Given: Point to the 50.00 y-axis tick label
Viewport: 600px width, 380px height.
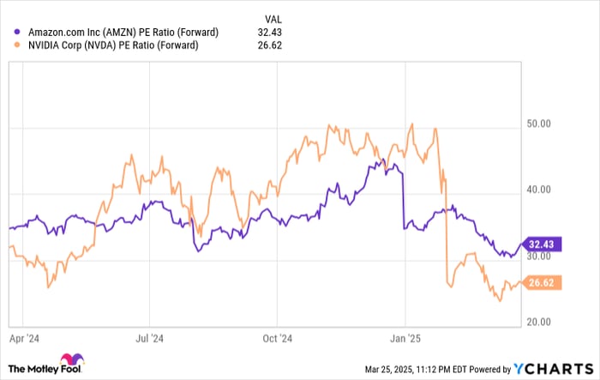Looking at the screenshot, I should [x=538, y=124].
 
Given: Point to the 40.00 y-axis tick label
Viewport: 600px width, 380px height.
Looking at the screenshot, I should [x=538, y=191].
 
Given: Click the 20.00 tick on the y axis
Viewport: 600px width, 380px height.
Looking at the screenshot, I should [x=538, y=322].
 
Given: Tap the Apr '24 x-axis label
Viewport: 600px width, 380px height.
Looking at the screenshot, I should [x=26, y=338].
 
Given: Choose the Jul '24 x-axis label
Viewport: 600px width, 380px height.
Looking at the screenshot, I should [x=151, y=338].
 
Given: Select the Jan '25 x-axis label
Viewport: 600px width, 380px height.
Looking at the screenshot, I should [x=405, y=338].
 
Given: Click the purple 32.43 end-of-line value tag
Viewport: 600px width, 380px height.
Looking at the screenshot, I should [x=542, y=244].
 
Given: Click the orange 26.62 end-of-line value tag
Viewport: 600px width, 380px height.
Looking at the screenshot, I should [x=542, y=282].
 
